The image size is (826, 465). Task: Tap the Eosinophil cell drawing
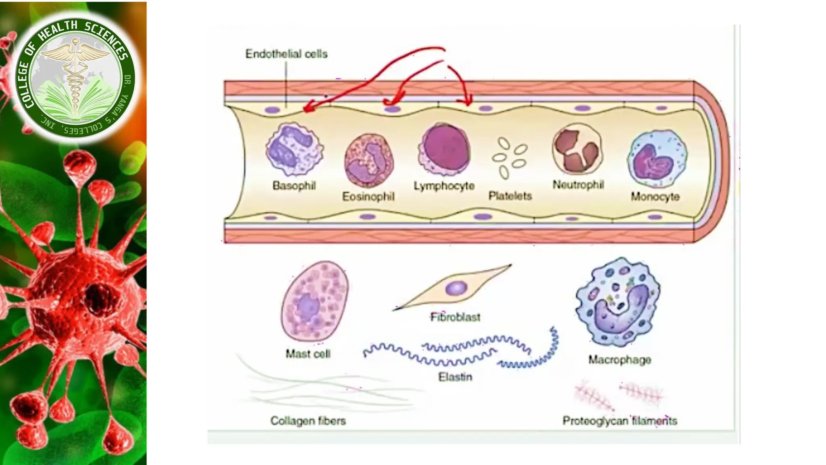pos(369,160)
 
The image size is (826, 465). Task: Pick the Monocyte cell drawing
pos(657,159)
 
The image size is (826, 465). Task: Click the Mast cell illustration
pos(315,301)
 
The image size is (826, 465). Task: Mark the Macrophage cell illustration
pos(618,302)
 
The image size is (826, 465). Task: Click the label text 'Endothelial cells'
pos(286,54)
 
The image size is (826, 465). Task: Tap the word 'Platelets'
pos(510,196)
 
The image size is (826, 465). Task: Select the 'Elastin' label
pos(455,377)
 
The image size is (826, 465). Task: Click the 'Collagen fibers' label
pos(308,421)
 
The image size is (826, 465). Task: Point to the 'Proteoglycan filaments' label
pos(619,421)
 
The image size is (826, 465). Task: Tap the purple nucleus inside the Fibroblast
pos(456,288)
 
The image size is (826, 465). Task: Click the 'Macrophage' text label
pos(619,360)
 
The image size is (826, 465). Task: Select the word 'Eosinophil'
pos(368,197)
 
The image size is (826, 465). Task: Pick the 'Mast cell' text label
pos(308,354)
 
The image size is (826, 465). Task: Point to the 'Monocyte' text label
pos(655,197)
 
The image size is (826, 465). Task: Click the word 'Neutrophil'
pos(578,185)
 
